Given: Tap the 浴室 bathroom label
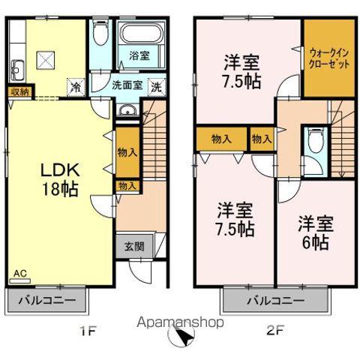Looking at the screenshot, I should click(x=138, y=55).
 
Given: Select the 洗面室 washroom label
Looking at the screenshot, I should click(x=127, y=85).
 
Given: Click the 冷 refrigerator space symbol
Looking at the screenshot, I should click(x=76, y=87).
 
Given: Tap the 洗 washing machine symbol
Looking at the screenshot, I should click(x=155, y=86).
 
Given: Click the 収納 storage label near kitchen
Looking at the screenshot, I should click(x=19, y=91).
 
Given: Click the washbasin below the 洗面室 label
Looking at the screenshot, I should click(x=127, y=112).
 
